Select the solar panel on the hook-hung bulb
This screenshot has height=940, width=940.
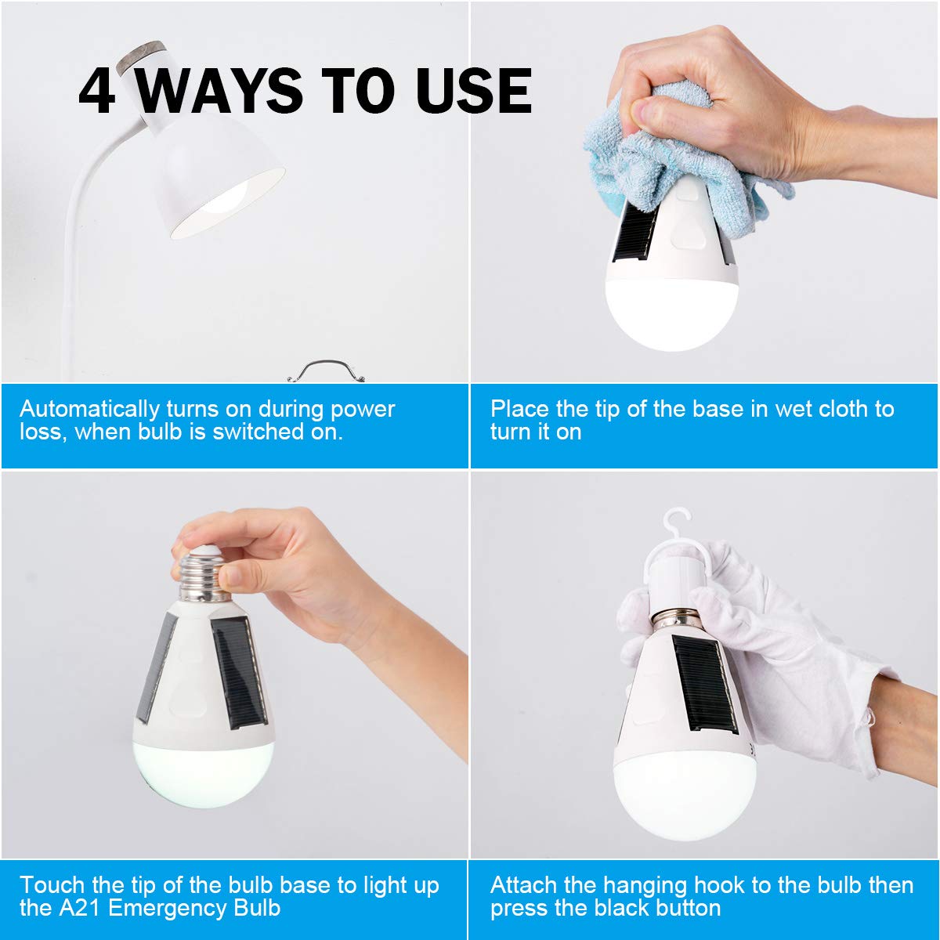click(705, 681)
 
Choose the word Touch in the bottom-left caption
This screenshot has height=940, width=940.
click(52, 886)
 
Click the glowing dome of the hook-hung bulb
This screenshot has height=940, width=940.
click(685, 791)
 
